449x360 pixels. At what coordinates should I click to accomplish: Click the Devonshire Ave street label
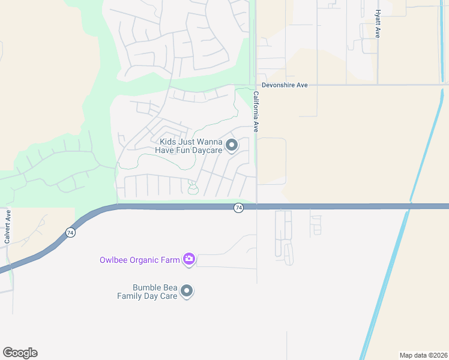[285, 85]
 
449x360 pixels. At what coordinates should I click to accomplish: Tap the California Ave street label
[256, 112]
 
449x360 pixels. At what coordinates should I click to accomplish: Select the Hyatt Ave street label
[378, 24]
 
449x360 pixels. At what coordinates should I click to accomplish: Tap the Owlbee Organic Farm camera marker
[189, 259]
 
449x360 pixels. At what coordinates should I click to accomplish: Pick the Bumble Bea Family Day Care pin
[187, 291]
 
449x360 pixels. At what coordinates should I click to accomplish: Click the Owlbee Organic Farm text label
[140, 260]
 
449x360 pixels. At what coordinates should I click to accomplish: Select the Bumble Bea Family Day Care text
[147, 292]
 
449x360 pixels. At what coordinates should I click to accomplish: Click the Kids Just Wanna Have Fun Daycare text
[190, 146]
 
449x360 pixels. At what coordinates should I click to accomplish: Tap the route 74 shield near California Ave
[239, 208]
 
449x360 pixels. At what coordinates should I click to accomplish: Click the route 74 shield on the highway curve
[71, 233]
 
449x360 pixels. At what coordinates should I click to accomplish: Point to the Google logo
[20, 353]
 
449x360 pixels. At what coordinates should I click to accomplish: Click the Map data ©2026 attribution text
[423, 355]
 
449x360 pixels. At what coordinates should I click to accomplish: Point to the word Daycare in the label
[206, 150]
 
